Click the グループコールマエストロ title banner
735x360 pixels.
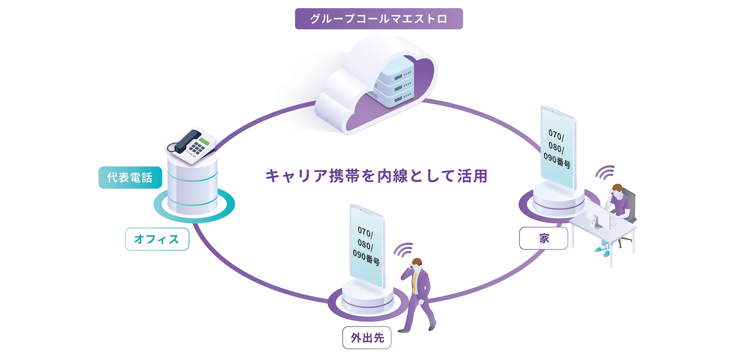click(379, 19)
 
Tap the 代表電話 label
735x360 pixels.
click(130, 177)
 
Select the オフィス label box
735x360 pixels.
click(157, 239)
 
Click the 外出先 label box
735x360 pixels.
click(367, 338)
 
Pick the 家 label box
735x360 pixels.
click(543, 238)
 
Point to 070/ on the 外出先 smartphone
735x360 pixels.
click(365, 232)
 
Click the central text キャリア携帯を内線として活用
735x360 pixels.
click(376, 176)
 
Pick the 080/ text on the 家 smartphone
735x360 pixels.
click(556, 147)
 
